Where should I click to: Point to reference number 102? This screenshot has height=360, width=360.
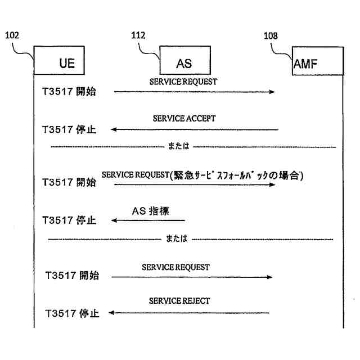click(12, 35)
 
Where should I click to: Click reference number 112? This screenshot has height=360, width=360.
click(138, 35)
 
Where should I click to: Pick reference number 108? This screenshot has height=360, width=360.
click(271, 37)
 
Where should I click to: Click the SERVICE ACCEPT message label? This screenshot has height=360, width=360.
click(184, 119)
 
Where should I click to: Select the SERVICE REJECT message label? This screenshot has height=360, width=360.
click(179, 301)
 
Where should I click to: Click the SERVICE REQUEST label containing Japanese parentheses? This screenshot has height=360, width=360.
click(202, 175)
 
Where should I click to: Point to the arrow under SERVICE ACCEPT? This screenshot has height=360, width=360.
click(195, 130)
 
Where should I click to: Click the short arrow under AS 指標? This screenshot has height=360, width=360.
click(148, 220)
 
